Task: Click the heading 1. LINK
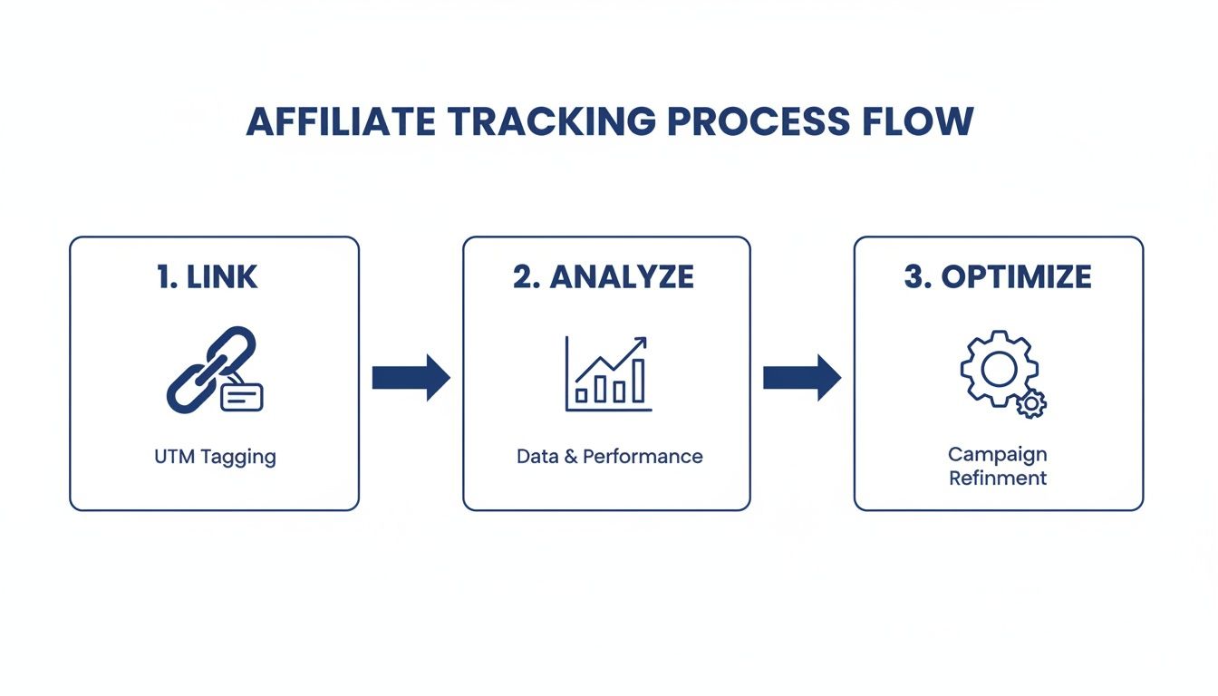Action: point(208,277)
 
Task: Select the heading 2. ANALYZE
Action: point(604,277)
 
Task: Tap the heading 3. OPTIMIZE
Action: point(998,277)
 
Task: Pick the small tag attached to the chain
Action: point(241,396)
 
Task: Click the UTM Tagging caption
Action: point(215,456)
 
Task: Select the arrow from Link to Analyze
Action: point(411,377)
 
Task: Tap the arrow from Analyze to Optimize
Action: point(802,377)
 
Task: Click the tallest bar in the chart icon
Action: point(638,381)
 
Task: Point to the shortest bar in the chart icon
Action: point(581,396)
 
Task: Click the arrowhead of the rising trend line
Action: point(641,343)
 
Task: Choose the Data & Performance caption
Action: point(609,456)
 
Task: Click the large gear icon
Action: point(997,368)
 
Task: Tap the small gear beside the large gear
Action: point(1030,403)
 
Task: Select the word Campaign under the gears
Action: point(997,454)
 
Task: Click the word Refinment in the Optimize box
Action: point(997,478)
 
